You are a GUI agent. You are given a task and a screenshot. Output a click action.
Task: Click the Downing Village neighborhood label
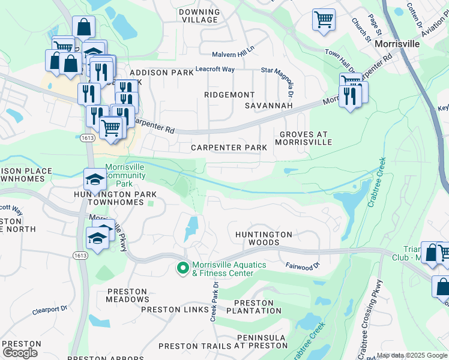[x=199, y=16]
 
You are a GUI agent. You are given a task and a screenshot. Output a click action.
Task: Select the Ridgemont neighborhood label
[x=229, y=95]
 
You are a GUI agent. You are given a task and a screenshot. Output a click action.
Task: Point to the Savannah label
[x=268, y=106]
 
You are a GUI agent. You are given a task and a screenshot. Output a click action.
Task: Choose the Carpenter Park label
[x=225, y=148]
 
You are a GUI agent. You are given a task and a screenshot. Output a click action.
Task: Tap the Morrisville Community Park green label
[x=125, y=175]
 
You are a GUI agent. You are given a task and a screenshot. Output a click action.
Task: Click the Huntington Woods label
[x=264, y=238]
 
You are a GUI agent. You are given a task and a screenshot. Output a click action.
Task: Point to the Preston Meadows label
[x=127, y=295]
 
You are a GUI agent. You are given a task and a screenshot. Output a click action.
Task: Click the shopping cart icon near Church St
[x=324, y=19]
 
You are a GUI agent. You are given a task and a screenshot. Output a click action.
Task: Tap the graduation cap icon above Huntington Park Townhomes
[x=95, y=179]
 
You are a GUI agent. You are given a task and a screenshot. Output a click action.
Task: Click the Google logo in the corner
[x=20, y=352]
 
